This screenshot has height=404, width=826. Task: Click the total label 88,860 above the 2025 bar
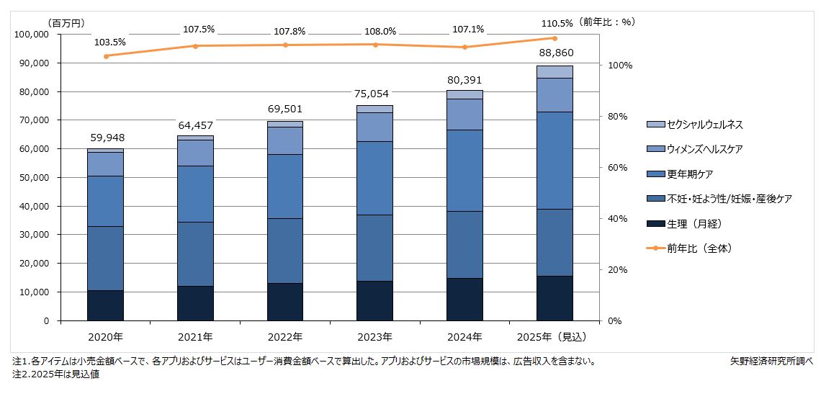(555, 53)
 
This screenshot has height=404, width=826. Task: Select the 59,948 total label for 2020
(105, 137)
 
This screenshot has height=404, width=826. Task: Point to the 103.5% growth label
(109, 42)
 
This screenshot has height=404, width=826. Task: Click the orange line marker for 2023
(375, 45)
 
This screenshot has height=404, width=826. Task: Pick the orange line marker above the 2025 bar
(555, 38)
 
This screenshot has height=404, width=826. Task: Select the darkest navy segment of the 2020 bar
(105, 305)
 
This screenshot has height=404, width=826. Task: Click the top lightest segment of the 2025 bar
(555, 71)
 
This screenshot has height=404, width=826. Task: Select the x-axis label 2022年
(285, 336)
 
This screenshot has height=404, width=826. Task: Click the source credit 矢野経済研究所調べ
(771, 362)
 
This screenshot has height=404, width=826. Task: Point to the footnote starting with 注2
(55, 375)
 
